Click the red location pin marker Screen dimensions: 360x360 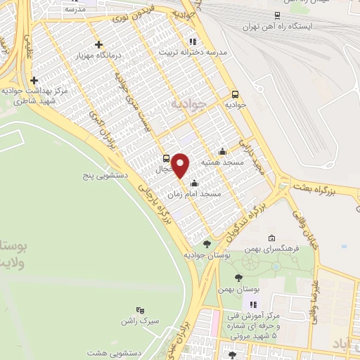[181, 165]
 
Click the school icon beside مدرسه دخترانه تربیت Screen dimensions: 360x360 [192, 41]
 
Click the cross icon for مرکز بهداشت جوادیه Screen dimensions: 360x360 [34, 80]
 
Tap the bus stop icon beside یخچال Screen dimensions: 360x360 [167, 158]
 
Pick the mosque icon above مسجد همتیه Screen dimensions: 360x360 [223, 150]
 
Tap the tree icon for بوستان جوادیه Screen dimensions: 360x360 [206, 245]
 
